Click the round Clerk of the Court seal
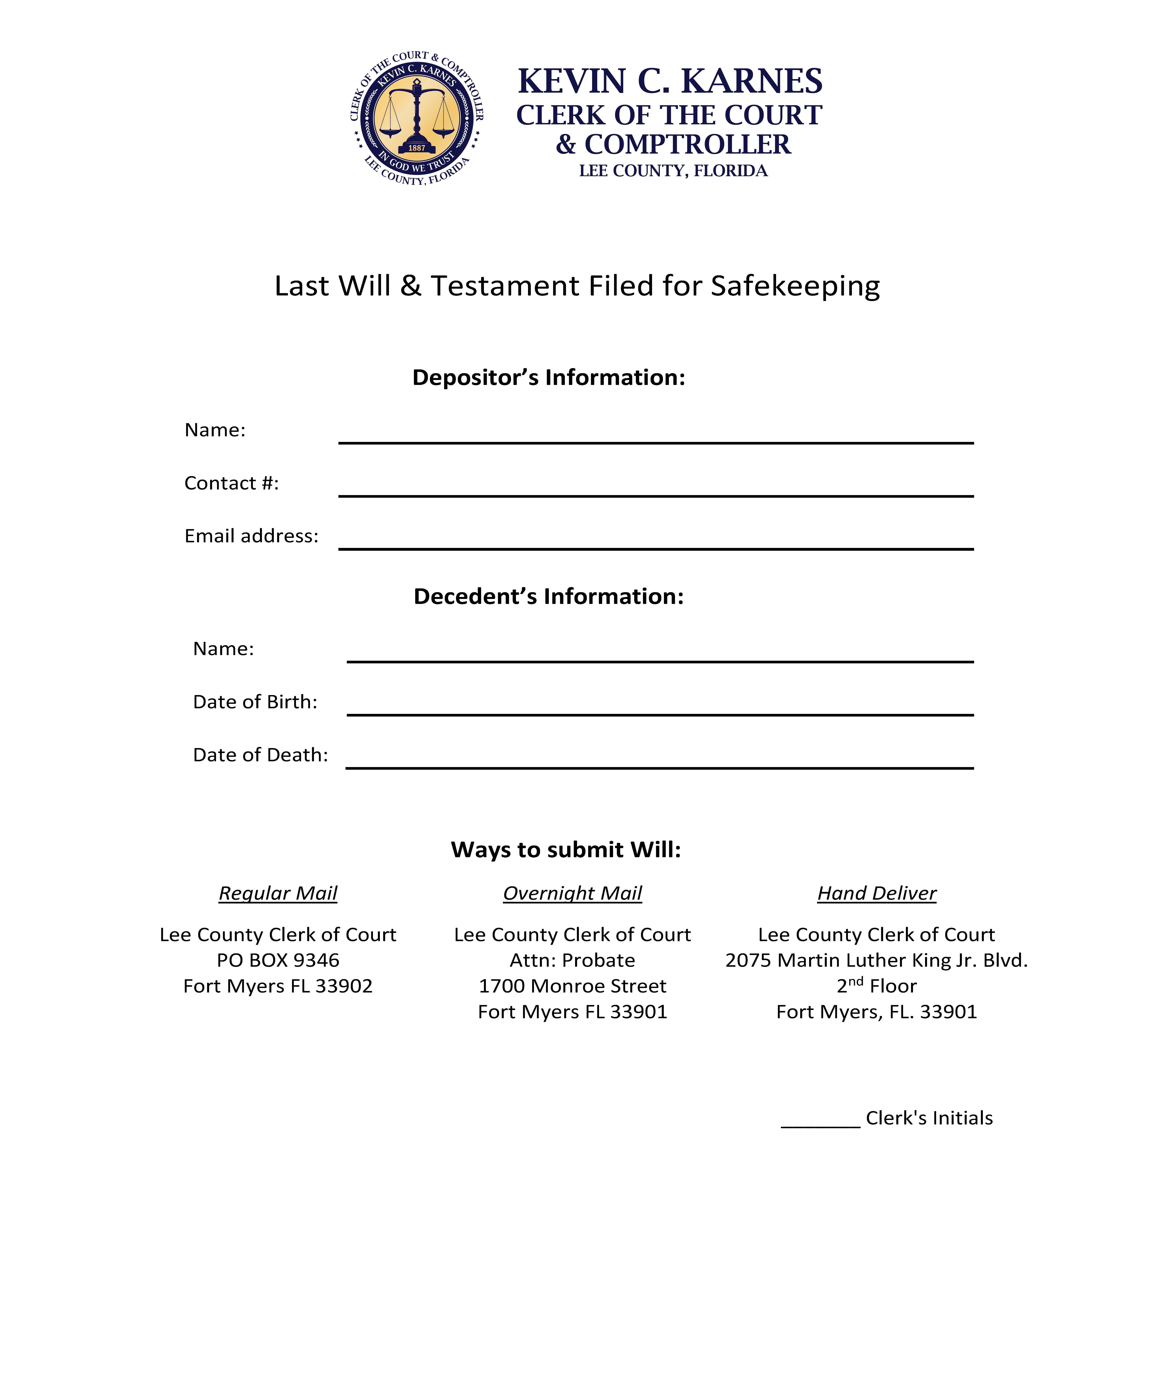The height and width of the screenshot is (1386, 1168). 417,118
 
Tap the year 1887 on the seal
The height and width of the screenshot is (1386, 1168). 417,148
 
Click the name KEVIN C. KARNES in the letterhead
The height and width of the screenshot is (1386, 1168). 669,81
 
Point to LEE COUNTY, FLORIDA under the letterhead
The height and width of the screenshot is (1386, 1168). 673,171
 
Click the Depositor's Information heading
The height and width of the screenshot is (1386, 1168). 548,377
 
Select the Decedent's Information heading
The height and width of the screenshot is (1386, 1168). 548,596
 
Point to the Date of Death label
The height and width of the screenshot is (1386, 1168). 260,755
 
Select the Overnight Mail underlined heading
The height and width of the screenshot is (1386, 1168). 572,894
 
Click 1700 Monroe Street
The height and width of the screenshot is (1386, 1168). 572,986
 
